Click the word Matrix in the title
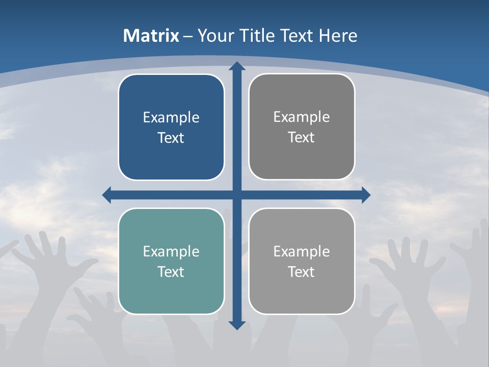[151, 36]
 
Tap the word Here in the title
[338, 36]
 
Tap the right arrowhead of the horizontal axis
[365, 195]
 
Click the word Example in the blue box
[171, 118]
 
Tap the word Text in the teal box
[171, 272]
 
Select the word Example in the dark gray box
[302, 117]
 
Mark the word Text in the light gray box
[302, 272]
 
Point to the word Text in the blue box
[171, 138]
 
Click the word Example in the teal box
[171, 251]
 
